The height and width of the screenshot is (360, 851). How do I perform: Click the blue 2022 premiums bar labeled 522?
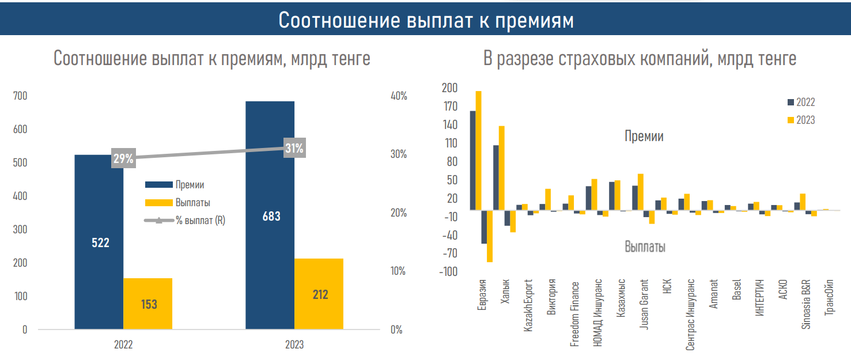coord(99,242)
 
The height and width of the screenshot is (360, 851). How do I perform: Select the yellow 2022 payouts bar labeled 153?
coord(147,304)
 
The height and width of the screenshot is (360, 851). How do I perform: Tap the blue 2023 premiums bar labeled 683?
coord(270,215)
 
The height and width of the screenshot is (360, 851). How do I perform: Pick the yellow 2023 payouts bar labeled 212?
coord(319,294)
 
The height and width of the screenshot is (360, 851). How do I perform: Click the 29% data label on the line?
coord(123,158)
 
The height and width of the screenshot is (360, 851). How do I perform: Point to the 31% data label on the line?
coord(294,147)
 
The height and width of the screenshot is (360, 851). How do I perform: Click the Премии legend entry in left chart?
coord(175,185)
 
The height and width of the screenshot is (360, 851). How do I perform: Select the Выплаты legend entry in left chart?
coord(177,203)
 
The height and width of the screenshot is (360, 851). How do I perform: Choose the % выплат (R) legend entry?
coord(184,221)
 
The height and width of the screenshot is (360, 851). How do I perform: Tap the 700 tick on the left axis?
coord(20,96)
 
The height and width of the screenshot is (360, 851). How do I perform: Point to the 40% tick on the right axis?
coord(399,96)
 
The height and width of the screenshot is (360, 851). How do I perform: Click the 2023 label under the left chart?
coord(294,344)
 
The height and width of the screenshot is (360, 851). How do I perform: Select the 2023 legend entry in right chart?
coord(801,120)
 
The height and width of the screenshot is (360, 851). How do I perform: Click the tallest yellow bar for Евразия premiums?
coord(479,150)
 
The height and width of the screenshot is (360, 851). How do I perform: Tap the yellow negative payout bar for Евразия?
coord(490,236)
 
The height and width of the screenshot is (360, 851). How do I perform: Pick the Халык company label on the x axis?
coord(505,291)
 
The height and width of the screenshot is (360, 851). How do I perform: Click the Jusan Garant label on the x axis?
coord(644,304)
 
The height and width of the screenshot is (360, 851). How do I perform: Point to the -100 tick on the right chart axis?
coord(448,272)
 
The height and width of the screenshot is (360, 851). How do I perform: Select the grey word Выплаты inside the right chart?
coord(645,247)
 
